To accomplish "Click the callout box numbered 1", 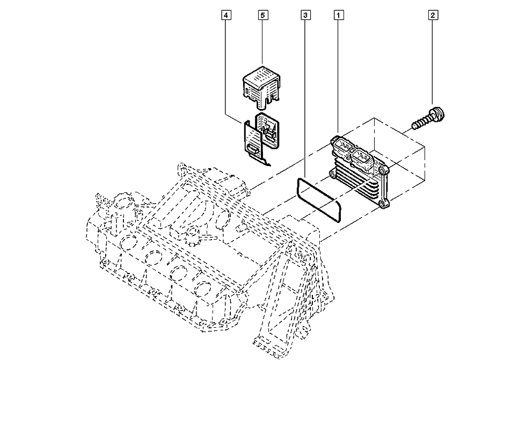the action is click(x=339, y=15).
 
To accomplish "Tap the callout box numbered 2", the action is click(x=433, y=15).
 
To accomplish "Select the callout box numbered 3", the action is click(x=305, y=15).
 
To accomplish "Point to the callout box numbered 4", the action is click(x=226, y=15).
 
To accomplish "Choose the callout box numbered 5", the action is click(x=263, y=15).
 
